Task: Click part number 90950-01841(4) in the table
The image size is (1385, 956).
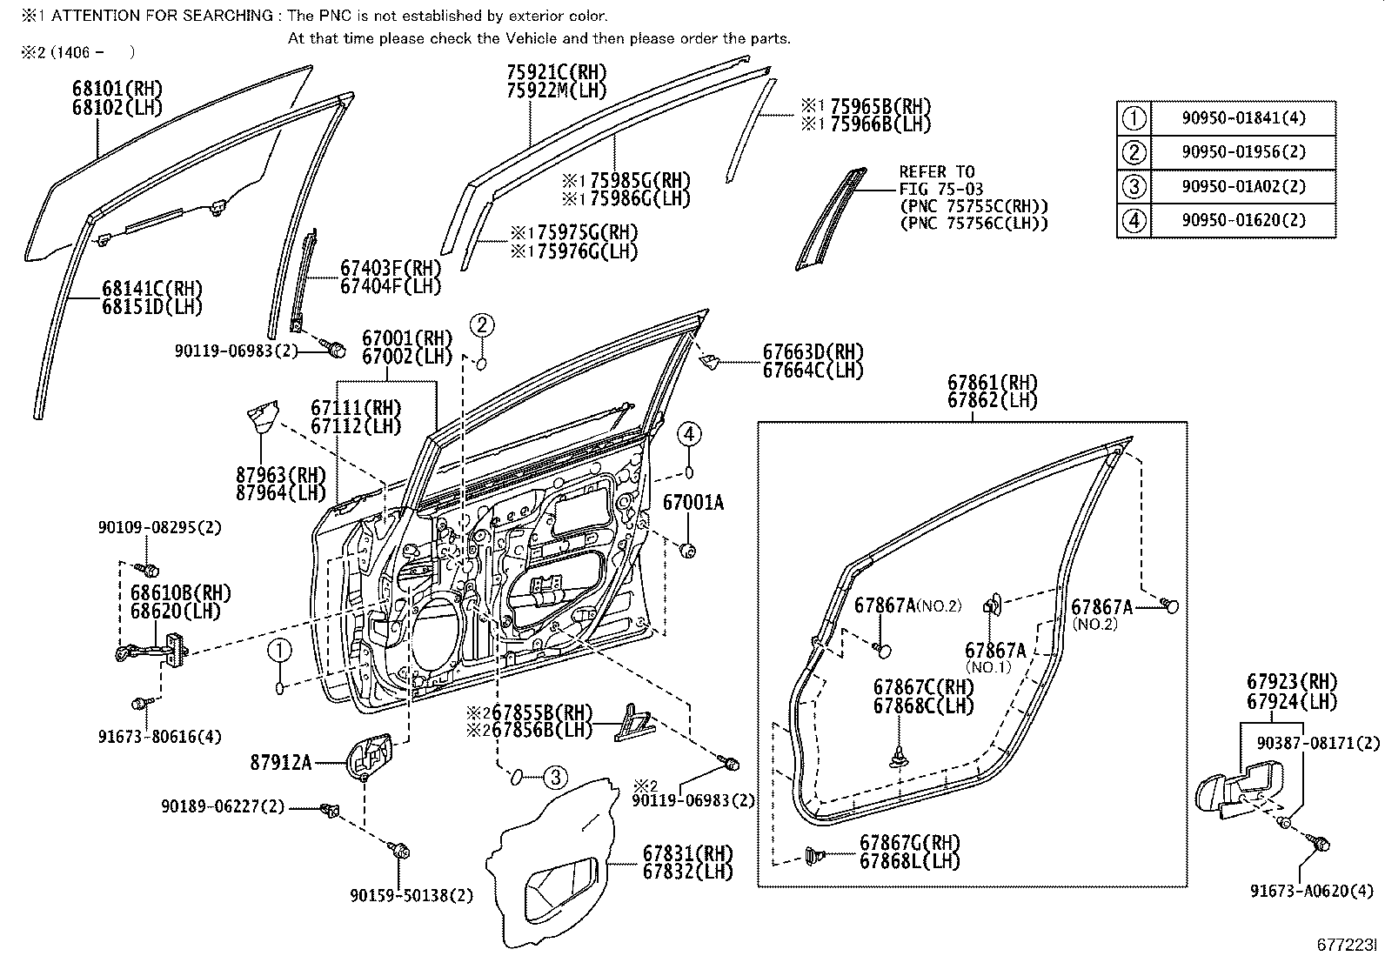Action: [1243, 118]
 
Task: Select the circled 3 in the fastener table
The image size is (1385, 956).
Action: [1134, 186]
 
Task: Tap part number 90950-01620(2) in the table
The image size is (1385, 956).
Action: [1243, 220]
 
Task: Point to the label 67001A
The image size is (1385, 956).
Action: [693, 504]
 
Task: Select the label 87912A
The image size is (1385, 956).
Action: [280, 763]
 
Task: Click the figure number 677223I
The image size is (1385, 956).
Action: [1347, 945]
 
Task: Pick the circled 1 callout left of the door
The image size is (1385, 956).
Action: [278, 650]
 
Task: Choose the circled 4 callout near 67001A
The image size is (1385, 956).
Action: [689, 433]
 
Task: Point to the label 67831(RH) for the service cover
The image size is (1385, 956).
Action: [687, 853]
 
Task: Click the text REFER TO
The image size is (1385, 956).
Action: [936, 171]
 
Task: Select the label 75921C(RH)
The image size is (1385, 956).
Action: [557, 72]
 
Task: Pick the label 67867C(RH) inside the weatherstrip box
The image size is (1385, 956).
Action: [923, 686]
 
